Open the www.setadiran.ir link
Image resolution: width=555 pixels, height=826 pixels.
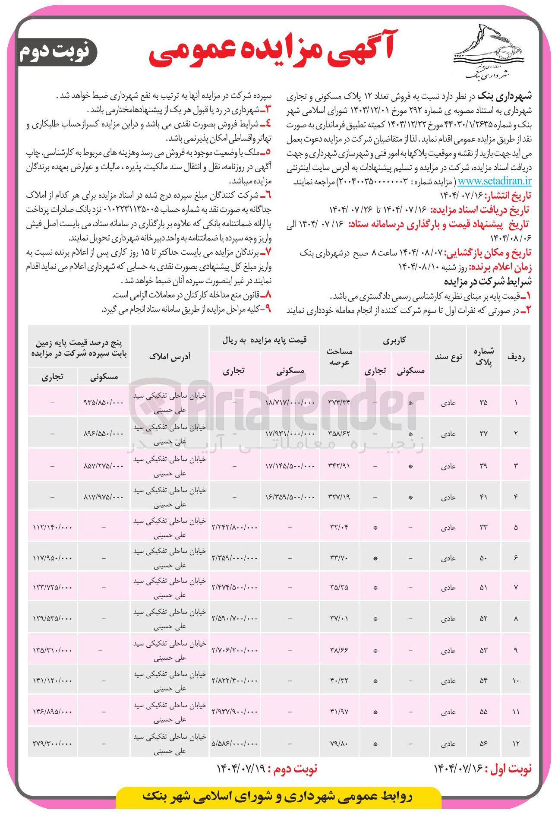495,181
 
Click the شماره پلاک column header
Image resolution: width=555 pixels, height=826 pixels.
483,357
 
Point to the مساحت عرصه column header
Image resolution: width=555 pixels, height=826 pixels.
339,357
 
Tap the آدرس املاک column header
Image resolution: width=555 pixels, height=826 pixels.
170,357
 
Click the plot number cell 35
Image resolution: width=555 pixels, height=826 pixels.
483,402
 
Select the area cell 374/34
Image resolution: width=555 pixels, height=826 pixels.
339,402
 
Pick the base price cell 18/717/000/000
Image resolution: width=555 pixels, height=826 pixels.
290,402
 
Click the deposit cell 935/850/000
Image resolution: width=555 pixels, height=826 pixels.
104,402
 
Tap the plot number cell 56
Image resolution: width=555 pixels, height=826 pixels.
483,744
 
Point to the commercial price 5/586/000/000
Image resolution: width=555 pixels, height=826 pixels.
234,744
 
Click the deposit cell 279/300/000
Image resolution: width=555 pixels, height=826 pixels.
52,744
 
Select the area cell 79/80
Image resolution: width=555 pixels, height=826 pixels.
339,744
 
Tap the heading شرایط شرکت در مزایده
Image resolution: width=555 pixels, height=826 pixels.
488,282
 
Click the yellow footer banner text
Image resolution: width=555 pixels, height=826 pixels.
277,797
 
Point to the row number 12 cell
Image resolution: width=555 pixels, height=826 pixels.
516,744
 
